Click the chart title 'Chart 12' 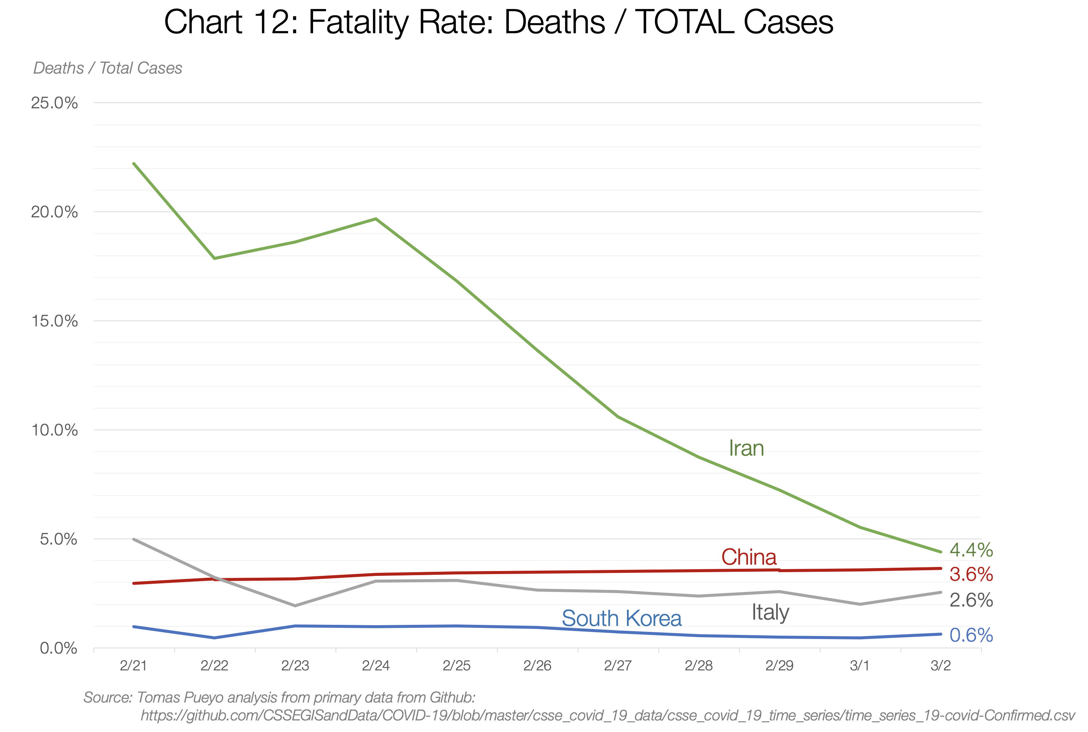(498, 22)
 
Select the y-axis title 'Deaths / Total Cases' (107, 68)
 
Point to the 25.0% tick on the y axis (54, 103)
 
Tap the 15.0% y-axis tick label (54, 321)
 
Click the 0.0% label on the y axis (58, 648)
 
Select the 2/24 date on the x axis (375, 665)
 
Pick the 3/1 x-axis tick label (860, 665)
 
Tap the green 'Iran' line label (746, 448)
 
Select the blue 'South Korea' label (621, 618)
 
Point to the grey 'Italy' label (770, 612)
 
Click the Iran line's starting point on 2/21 (134, 164)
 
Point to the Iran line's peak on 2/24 (376, 218)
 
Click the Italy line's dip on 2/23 (295, 605)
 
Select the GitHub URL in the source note (607, 715)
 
